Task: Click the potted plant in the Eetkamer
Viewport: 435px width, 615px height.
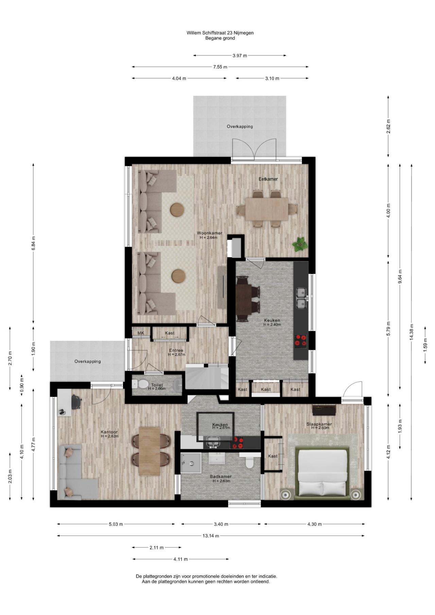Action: tap(299, 244)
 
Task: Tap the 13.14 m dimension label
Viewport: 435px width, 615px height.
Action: tap(211, 536)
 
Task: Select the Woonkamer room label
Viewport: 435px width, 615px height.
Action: tap(210, 233)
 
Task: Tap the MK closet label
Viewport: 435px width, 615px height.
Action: tap(141, 333)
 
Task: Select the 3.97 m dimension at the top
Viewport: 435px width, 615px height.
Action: tap(240, 55)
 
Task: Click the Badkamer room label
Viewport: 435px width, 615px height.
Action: tap(221, 476)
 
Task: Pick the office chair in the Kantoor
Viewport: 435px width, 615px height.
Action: tap(76, 402)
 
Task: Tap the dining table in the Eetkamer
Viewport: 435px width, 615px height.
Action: tap(267, 209)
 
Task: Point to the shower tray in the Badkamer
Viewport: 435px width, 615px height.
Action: tap(190, 463)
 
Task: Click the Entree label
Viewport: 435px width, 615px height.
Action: tap(176, 350)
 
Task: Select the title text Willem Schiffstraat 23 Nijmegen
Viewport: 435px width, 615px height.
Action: tap(220, 33)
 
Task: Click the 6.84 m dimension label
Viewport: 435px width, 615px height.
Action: tap(33, 243)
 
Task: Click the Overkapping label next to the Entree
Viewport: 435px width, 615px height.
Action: tap(88, 362)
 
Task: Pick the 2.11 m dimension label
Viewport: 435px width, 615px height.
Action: tap(156, 547)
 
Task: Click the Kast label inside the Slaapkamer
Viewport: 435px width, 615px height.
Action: tap(273, 456)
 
